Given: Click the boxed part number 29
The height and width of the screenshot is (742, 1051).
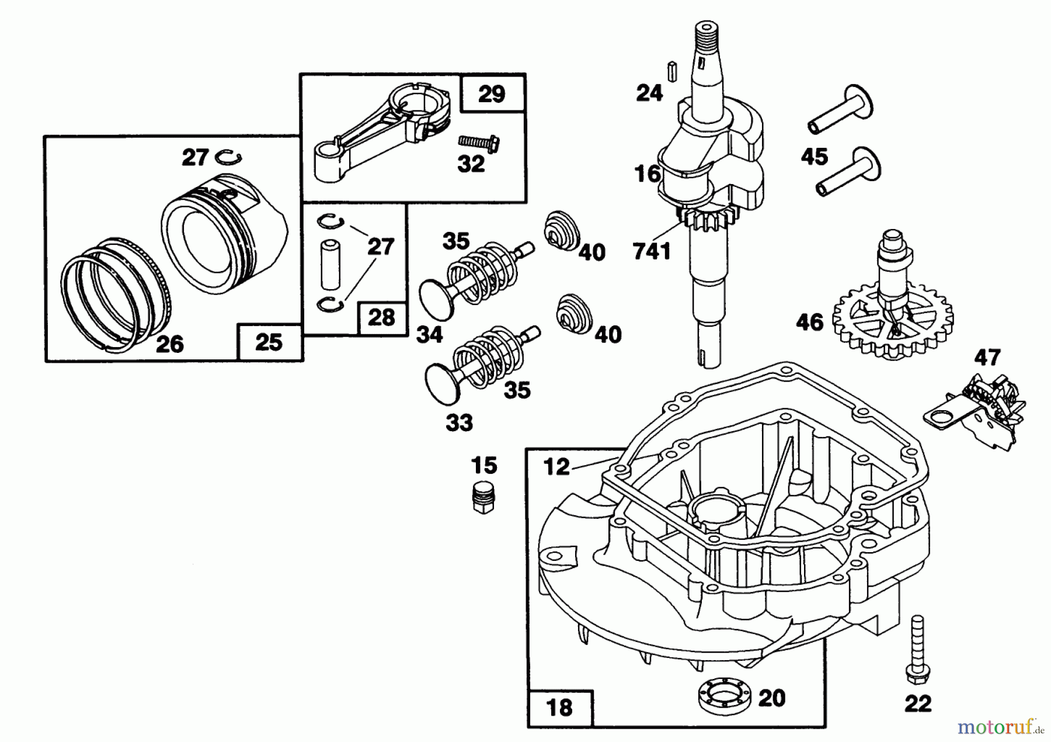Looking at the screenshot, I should point(492,94).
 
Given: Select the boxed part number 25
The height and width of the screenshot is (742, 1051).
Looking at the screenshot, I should point(269,342).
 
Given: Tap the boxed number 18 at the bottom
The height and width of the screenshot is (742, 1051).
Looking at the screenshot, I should point(559,708).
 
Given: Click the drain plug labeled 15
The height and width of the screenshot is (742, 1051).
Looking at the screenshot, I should point(482,497).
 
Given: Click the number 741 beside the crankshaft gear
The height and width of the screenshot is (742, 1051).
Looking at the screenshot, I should point(652,251).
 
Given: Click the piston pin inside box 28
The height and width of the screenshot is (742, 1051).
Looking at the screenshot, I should point(330,263).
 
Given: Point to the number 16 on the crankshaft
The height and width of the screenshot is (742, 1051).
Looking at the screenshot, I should point(648,174).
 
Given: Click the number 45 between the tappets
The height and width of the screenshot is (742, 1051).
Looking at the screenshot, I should point(815,157).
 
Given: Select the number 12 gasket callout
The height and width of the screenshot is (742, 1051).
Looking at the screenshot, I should point(556,466).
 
